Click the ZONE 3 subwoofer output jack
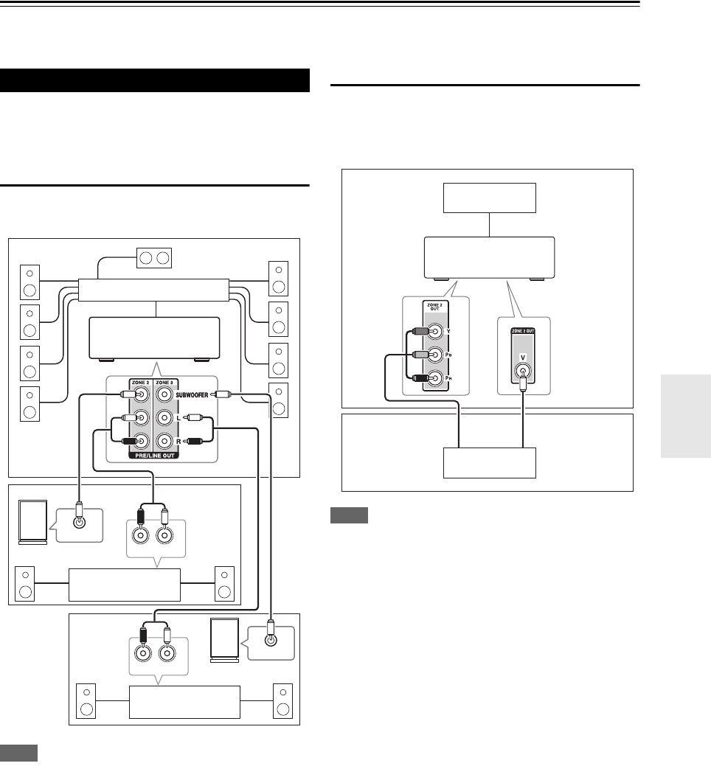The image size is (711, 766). point(164,395)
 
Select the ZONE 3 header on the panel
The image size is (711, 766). point(164,383)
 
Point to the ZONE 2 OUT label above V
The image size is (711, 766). point(524,330)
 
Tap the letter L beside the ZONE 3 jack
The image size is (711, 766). point(179,419)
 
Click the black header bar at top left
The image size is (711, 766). point(154,80)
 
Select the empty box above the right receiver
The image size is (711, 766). point(489,198)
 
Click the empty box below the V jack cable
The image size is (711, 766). point(489,463)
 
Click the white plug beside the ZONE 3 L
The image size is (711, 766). point(195,419)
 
